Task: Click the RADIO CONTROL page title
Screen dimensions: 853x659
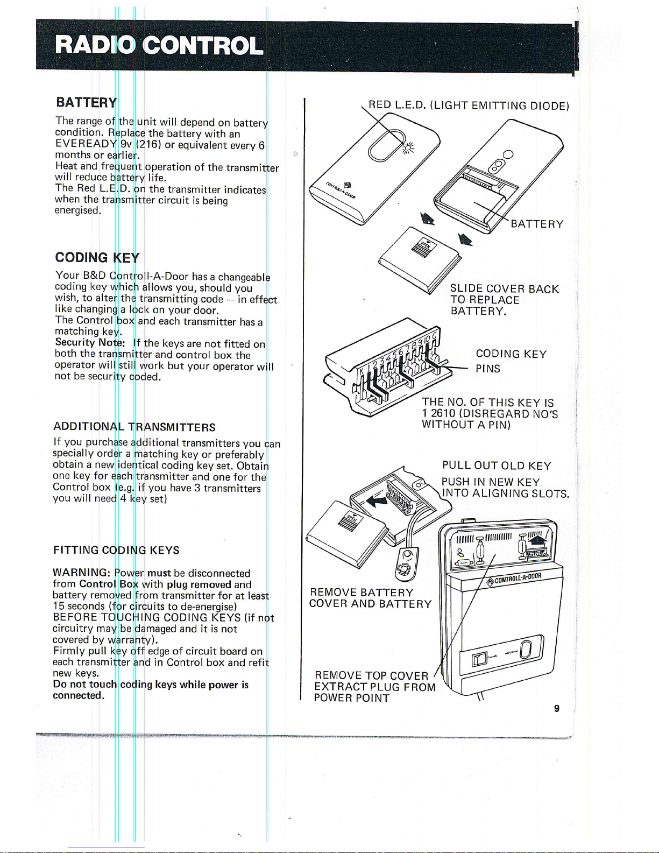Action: (x=159, y=46)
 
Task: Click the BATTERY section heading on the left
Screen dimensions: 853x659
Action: (x=86, y=102)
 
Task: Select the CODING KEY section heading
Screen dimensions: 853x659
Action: (x=97, y=257)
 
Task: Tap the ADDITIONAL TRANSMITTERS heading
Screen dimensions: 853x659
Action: (x=134, y=427)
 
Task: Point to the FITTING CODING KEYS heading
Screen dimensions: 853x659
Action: (x=116, y=550)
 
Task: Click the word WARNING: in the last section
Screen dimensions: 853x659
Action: (x=82, y=573)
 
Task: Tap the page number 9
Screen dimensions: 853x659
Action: (x=557, y=708)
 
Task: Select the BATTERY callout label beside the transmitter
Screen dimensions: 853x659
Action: (x=537, y=224)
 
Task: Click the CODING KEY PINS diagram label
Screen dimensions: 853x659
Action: (x=511, y=361)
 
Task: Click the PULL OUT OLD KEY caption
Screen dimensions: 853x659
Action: (x=497, y=466)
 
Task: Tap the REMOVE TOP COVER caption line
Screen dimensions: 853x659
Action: (x=372, y=675)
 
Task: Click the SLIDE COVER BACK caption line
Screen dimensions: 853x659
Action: (x=505, y=289)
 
